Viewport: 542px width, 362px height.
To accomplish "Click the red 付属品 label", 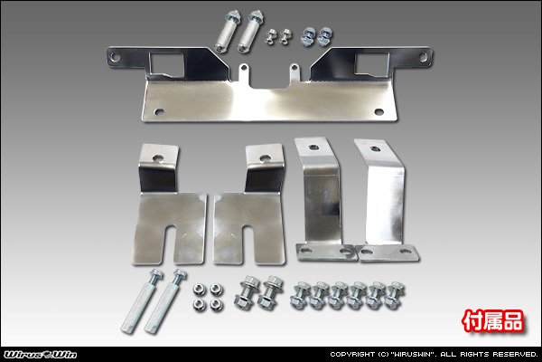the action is tap(493, 321).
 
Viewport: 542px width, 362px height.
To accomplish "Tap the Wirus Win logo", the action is tap(40, 355).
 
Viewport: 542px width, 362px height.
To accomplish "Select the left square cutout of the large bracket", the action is tap(166, 64).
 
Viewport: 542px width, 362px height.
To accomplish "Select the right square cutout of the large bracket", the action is tap(372, 64).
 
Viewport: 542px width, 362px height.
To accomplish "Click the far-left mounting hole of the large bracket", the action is tap(116, 57).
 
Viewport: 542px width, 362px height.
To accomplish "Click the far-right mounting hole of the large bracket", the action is tap(423, 57).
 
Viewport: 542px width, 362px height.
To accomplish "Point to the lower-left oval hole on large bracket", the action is tap(159, 111).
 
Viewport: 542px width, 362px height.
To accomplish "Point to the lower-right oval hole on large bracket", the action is tap(379, 111).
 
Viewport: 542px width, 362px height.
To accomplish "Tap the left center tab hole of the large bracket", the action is tap(244, 67).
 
